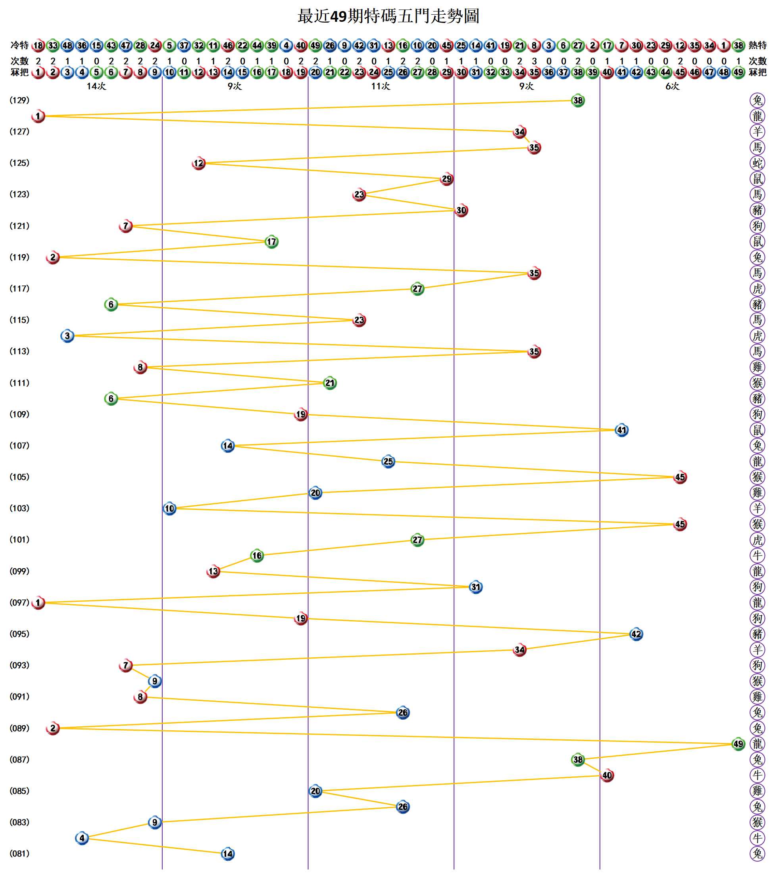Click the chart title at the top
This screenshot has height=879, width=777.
(x=388, y=16)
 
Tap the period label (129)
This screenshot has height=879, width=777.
(x=19, y=100)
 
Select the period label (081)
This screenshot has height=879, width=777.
(x=19, y=854)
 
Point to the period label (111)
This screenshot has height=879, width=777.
(x=19, y=383)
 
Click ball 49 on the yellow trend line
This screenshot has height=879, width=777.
(x=738, y=744)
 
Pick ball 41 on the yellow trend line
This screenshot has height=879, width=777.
(x=621, y=430)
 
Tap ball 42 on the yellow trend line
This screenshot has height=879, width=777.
(x=636, y=634)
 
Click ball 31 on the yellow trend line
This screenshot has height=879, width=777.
(x=476, y=587)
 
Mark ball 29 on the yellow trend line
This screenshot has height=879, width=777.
(x=446, y=179)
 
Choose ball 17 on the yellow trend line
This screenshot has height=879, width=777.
(x=271, y=242)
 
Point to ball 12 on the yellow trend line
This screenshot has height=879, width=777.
(x=198, y=163)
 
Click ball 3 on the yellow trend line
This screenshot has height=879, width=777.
(x=67, y=336)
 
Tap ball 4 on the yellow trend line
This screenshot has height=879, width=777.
(x=82, y=838)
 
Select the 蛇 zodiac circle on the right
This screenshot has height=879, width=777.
(x=757, y=163)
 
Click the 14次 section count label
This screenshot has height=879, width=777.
(x=96, y=86)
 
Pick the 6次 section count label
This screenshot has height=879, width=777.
(x=672, y=86)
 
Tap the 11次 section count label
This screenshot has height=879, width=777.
(x=381, y=86)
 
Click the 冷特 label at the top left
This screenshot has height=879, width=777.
(x=19, y=45)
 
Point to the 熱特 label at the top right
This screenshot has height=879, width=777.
(x=758, y=45)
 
